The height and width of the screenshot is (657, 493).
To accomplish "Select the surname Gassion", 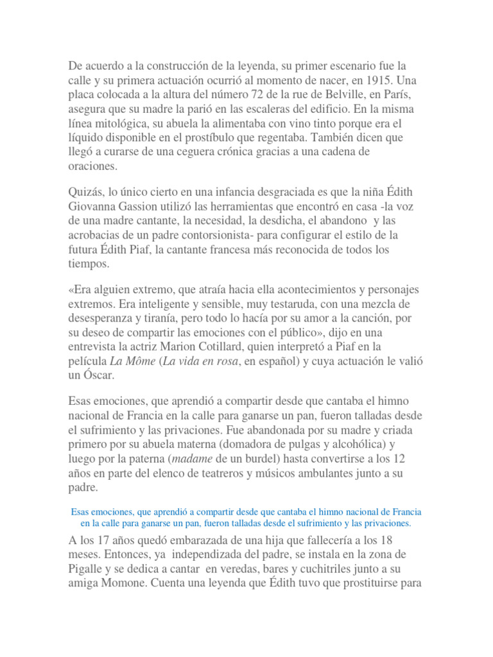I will click(146, 207).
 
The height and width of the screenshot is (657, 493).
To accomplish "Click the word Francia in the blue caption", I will click(404, 512).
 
